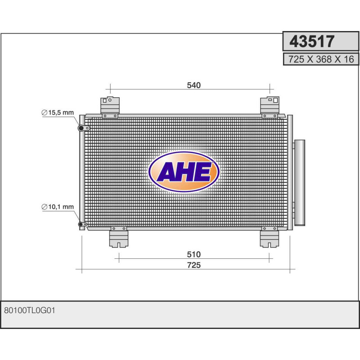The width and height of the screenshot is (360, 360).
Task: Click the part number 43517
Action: pyautogui.click(x=312, y=41)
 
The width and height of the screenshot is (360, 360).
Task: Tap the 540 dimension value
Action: pyautogui.click(x=193, y=85)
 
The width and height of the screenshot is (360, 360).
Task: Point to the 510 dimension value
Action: pyautogui.click(x=193, y=255)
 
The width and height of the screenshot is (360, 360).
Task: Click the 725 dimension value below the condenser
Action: pyautogui.click(x=193, y=265)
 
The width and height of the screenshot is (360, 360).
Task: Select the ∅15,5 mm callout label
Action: pyautogui.click(x=57, y=112)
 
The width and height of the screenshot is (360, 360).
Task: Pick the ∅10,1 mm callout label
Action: pyautogui.click(x=57, y=207)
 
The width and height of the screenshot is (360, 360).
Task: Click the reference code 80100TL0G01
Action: pyautogui.click(x=29, y=310)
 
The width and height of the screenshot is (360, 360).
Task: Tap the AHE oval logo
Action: pyautogui.click(x=184, y=172)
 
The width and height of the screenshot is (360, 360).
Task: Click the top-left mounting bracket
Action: pyautogui.click(x=109, y=107)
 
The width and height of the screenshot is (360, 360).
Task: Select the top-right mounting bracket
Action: pyautogui.click(x=270, y=107)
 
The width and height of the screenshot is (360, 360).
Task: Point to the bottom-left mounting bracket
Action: pyautogui.click(x=119, y=237)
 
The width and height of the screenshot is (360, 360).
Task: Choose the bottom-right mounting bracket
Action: pyautogui.click(x=270, y=237)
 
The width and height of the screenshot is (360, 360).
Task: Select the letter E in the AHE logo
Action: pyautogui.click(x=203, y=172)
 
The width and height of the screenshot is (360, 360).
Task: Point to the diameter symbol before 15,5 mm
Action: pyautogui.click(x=45, y=113)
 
